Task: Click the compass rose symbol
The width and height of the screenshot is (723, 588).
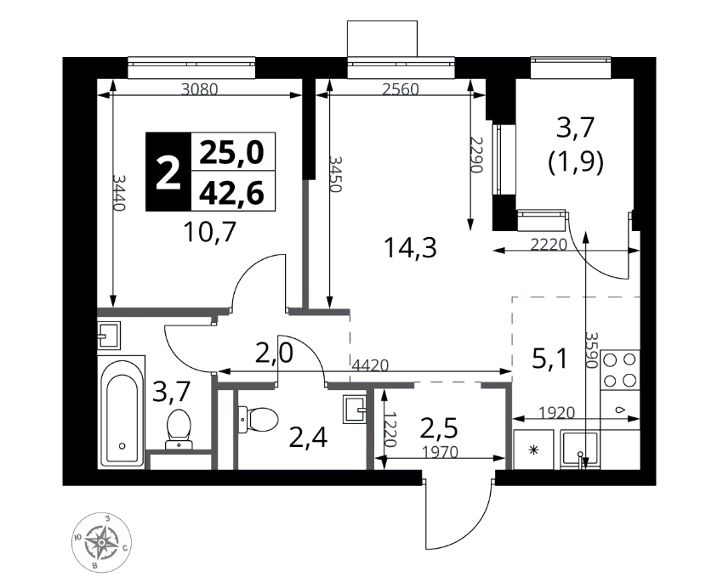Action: click(x=101, y=542)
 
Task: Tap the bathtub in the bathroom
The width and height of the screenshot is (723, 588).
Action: click(x=122, y=412)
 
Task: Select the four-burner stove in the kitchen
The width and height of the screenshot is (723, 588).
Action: click(x=620, y=370)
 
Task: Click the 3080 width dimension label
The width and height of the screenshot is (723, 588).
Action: click(x=199, y=89)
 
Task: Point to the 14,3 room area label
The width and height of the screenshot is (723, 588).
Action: click(x=410, y=248)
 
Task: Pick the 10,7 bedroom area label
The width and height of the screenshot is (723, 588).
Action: click(x=210, y=232)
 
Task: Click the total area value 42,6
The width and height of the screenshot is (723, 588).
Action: click(x=231, y=192)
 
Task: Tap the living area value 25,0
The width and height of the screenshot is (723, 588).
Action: click(x=231, y=152)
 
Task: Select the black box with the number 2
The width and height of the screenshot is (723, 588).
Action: click(x=168, y=172)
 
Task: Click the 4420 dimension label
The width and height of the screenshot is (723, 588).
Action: click(x=370, y=365)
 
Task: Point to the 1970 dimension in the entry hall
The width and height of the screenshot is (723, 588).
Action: click(x=441, y=452)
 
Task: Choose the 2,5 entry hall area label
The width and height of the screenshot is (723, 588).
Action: click(x=439, y=429)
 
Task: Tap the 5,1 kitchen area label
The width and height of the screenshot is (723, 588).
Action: click(x=549, y=359)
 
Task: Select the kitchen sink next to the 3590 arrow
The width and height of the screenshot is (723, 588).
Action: click(x=580, y=450)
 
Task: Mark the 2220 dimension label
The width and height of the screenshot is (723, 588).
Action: click(x=549, y=245)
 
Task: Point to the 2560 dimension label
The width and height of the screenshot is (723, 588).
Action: click(x=401, y=89)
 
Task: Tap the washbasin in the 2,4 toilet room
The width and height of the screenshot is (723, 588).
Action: click(x=355, y=409)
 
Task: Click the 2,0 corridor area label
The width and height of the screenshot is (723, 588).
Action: click(x=275, y=354)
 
